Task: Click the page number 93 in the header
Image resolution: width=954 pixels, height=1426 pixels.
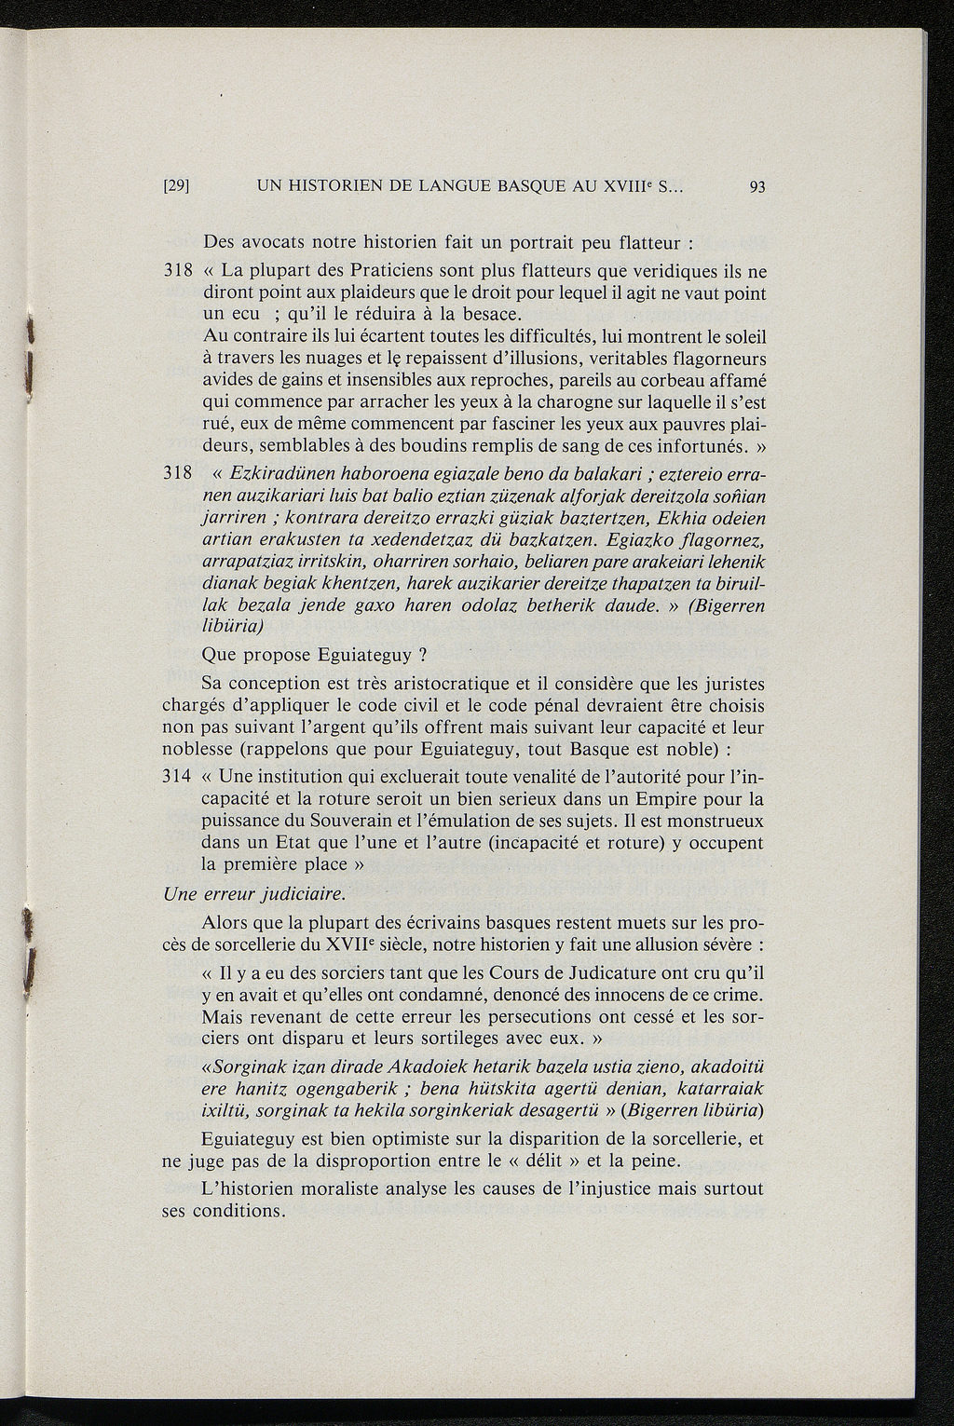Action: tap(756, 186)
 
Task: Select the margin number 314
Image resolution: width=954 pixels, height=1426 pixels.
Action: tap(177, 777)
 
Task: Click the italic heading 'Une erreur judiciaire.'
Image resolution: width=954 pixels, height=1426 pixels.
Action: tap(254, 894)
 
